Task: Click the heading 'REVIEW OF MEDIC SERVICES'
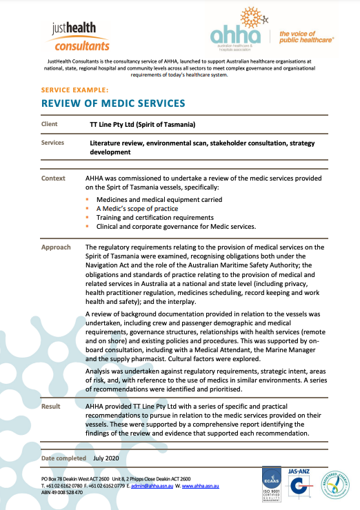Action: (113, 103)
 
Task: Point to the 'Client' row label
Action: (50, 125)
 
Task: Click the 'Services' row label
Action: (53, 143)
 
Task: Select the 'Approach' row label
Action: (56, 246)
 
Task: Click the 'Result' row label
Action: (51, 407)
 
